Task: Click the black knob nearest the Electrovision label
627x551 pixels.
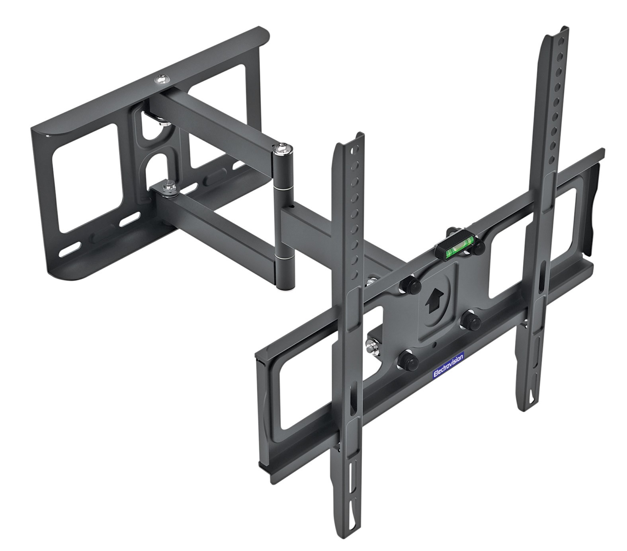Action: tap(407, 361)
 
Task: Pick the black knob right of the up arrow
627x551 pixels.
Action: tap(470, 318)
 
